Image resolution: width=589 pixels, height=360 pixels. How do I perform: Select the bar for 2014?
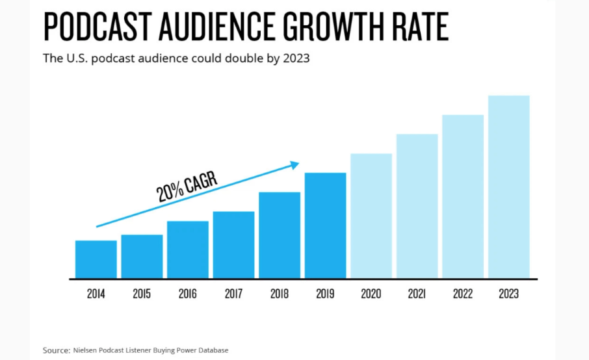[96, 259]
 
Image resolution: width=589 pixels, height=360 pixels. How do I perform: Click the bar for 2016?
[187, 250]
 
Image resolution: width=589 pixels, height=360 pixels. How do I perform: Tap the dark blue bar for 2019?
[325, 225]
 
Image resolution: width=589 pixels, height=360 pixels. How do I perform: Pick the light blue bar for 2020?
[371, 216]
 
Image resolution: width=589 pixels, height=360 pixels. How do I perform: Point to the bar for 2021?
[417, 206]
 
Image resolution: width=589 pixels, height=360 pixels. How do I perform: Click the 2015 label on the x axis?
[142, 294]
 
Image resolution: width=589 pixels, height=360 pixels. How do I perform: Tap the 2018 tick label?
[280, 294]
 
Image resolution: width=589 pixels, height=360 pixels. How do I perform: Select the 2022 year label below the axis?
[463, 294]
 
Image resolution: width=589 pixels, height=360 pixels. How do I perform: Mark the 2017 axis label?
[233, 294]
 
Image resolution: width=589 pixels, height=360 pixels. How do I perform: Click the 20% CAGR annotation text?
[186, 186]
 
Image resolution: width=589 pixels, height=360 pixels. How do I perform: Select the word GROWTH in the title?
[328, 27]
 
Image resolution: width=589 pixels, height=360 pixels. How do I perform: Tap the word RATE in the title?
[419, 27]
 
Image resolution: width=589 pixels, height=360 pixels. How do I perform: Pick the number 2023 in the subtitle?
[296, 58]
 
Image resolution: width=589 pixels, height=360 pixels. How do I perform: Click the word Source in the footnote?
[55, 350]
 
